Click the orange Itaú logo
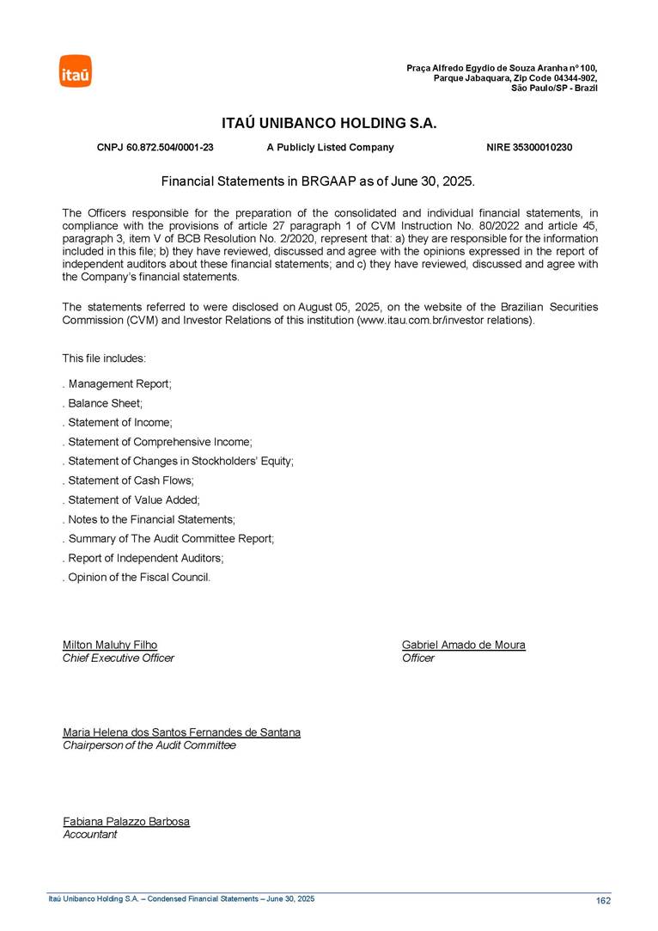(x=76, y=71)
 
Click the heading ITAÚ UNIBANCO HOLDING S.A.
(x=329, y=124)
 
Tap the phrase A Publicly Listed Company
(x=330, y=148)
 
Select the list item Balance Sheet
(x=104, y=403)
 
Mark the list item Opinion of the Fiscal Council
(x=138, y=578)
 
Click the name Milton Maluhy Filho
(x=110, y=645)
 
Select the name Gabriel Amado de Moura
(x=464, y=645)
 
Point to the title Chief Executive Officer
(x=119, y=658)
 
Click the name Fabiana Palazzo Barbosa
(x=126, y=822)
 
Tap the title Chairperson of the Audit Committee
(x=149, y=746)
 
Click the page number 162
(x=603, y=901)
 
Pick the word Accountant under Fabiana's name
(x=90, y=835)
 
